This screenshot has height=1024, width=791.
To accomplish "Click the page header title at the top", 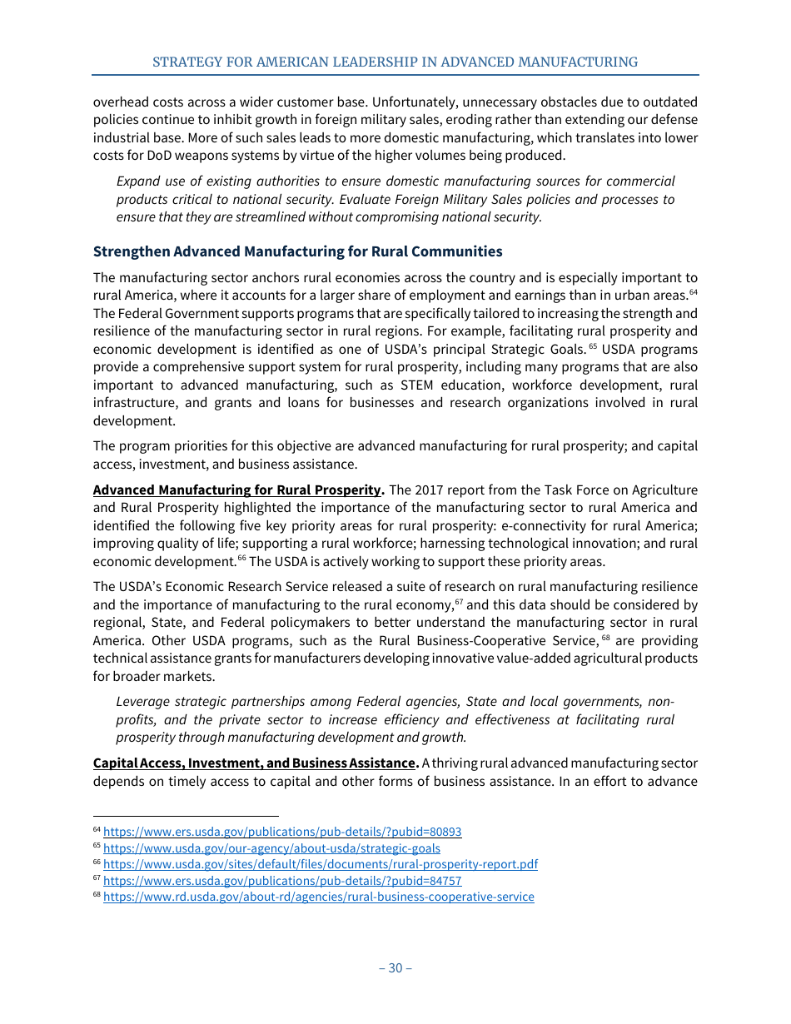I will pyautogui.click(x=395, y=62).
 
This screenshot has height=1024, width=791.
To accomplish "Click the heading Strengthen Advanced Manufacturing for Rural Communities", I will pyautogui.click(x=297, y=251).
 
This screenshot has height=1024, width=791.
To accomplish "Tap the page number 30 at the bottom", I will pyautogui.click(x=395, y=967).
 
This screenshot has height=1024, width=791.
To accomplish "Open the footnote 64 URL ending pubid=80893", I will pyautogui.click(x=282, y=832).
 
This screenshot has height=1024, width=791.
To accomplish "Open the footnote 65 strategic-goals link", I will pyautogui.click(x=271, y=848).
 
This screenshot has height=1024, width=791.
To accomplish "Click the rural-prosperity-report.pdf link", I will pyautogui.click(x=321, y=864).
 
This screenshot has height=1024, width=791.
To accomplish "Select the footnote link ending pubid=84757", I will pyautogui.click(x=282, y=881).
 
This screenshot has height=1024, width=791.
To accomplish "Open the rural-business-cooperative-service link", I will pyautogui.click(x=318, y=897).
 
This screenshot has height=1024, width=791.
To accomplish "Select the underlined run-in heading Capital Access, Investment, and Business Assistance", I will pyautogui.click(x=254, y=763).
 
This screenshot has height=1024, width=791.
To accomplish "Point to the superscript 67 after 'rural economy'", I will pyautogui.click(x=458, y=602).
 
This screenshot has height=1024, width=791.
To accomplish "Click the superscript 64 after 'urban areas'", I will pyautogui.click(x=693, y=291).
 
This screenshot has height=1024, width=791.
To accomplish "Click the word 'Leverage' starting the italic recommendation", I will pyautogui.click(x=144, y=702).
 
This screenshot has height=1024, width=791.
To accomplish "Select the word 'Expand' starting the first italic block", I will pyautogui.click(x=137, y=181).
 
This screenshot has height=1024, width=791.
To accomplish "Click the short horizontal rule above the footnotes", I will pyautogui.click(x=185, y=817).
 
